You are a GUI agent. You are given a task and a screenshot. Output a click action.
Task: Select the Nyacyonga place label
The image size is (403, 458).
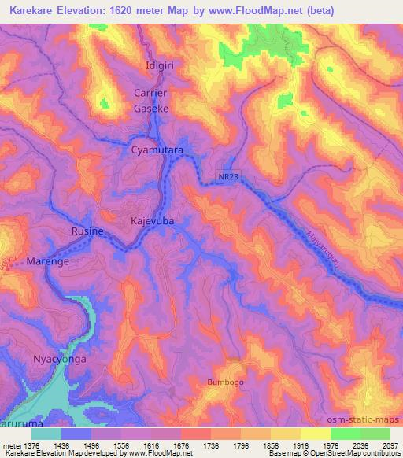click(58, 360)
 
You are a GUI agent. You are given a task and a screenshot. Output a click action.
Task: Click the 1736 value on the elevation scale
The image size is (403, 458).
click(211, 445)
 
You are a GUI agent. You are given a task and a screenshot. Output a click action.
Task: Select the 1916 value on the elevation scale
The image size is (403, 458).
click(301, 445)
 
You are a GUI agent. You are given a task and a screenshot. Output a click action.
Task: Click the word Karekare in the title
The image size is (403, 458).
click(35, 10)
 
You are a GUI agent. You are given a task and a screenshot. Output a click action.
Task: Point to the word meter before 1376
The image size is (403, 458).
click(10, 445)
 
